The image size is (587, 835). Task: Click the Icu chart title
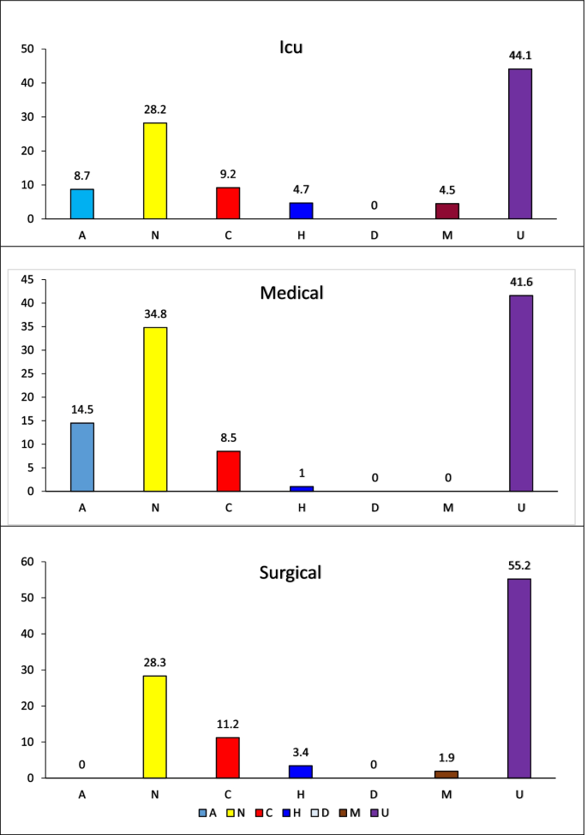(291, 47)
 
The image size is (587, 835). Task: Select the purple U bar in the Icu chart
(519, 143)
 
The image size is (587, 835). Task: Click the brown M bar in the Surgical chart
(446, 774)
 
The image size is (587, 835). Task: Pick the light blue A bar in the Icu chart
(82, 204)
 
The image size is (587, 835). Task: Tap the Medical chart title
(291, 293)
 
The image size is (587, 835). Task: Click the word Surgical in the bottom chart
(291, 572)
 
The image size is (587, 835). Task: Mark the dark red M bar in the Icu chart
(446, 211)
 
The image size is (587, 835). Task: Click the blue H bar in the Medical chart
(301, 488)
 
